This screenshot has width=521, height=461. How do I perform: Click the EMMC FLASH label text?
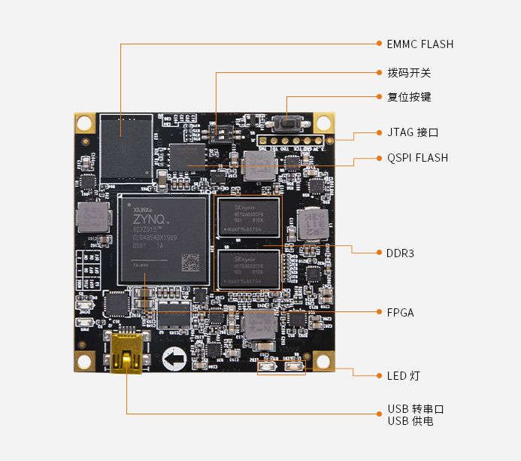pyautogui.click(x=420, y=44)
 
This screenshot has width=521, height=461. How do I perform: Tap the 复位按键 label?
pyautogui.click(x=409, y=98)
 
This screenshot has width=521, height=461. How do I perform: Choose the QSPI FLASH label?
pyautogui.click(x=417, y=158)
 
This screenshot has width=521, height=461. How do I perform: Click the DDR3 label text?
pyautogui.click(x=400, y=253)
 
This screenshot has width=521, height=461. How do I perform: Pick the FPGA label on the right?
pyautogui.click(x=400, y=312)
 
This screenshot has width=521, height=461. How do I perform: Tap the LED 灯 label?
pyautogui.click(x=404, y=375)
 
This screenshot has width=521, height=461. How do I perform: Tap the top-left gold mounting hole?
pyautogui.click(x=83, y=122)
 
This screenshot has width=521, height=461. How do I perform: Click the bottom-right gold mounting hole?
pyautogui.click(x=324, y=360)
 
